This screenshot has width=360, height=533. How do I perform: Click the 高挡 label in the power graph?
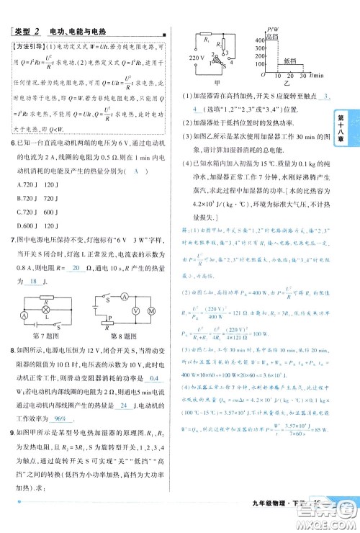(x=271, y=35)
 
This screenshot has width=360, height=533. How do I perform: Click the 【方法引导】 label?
(x=26, y=47)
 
